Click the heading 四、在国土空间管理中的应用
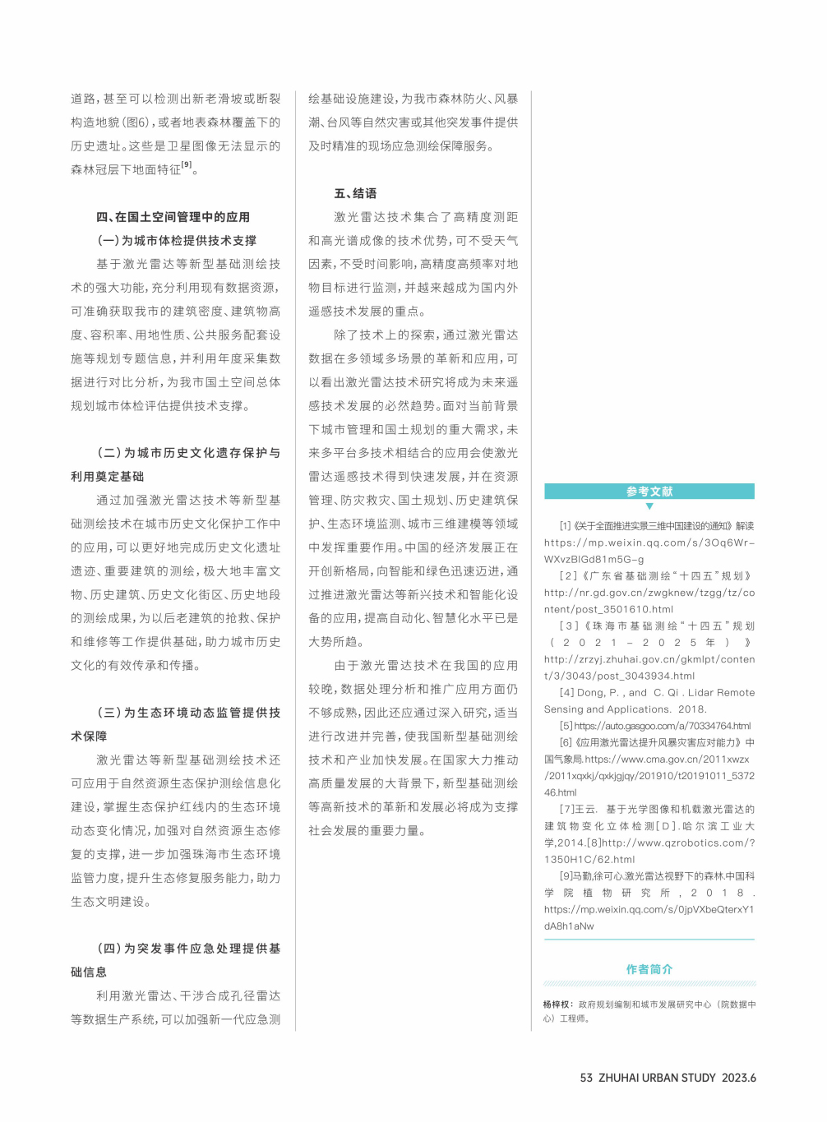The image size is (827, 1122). pos(173,217)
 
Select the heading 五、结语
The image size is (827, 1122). pos(355,193)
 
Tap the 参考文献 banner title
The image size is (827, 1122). pos(649,492)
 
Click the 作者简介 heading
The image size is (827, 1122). pos(649,969)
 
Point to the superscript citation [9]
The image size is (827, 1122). pos(187,165)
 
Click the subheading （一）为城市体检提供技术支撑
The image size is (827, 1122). pos(177,241)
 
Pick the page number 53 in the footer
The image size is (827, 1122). pos(586,1078)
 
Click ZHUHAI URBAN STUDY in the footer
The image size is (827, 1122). pos(657,1078)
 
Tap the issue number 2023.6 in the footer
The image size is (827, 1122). pos(739,1078)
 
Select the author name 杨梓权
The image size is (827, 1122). pos(557,1004)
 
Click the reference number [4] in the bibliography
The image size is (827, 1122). pos(567,693)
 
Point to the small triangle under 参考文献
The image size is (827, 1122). pos(649,506)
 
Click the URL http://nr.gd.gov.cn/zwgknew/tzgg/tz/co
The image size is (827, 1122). pos(649,593)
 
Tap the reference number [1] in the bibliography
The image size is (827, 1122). pos(566,526)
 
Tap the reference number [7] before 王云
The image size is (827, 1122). pos(567,810)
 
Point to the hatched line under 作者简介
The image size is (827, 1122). pos(649,983)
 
